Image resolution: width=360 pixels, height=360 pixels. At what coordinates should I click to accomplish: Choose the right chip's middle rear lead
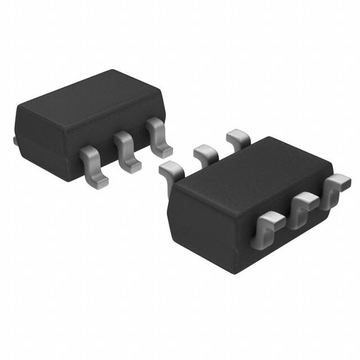click(x=205, y=152)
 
